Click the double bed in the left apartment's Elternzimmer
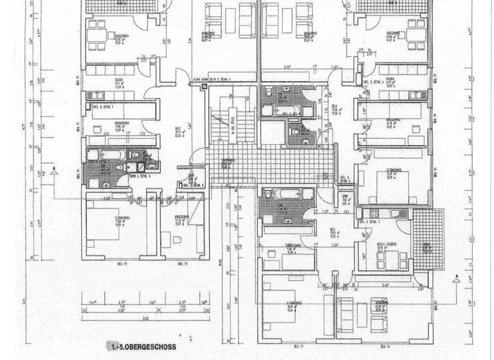[x=106, y=231]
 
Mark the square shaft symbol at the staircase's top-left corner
[x=205, y=90]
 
